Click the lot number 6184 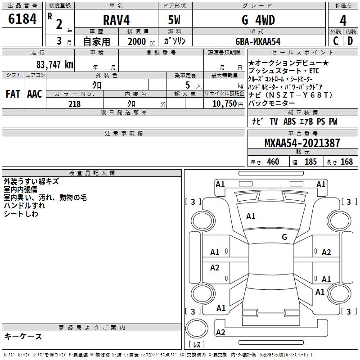22,19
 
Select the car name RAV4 116,20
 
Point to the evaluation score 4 343,21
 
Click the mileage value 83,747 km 55,64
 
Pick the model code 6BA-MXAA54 257,41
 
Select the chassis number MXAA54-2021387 302,144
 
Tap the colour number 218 75,104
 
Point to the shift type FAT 13,94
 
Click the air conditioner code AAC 34,94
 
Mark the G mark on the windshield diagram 284,237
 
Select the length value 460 273,162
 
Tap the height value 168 346,162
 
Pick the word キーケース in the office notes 23,337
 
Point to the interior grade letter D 350,41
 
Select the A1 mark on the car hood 251,216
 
